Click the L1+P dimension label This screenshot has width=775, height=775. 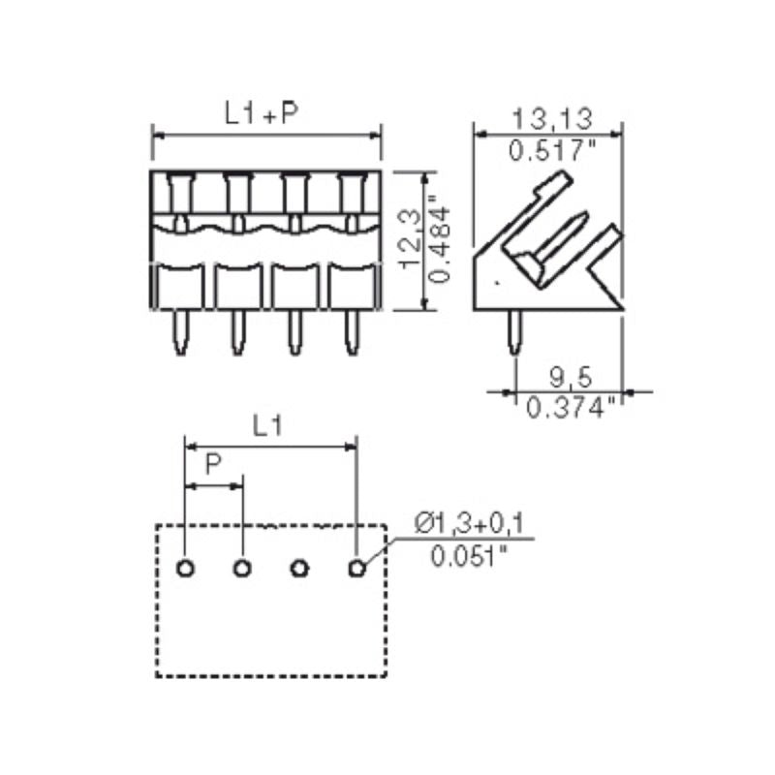[262, 113]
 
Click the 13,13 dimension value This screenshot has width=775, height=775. [552, 119]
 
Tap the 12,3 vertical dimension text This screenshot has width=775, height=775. [413, 240]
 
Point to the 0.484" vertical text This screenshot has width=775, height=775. [442, 240]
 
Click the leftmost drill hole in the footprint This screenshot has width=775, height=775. [184, 567]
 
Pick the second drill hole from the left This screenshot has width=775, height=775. [242, 567]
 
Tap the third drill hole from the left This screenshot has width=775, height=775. [299, 567]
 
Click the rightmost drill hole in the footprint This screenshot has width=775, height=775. [357, 567]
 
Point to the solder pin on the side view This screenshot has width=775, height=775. [515, 332]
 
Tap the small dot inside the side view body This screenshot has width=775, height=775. [497, 281]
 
